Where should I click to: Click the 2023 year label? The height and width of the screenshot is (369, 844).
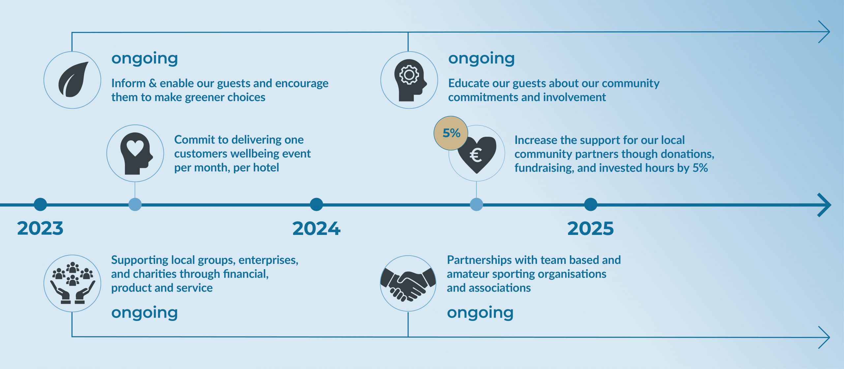pyautogui.click(x=40, y=228)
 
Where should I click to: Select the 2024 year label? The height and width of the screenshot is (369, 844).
pyautogui.click(x=316, y=228)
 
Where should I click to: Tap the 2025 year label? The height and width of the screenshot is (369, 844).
pyautogui.click(x=590, y=228)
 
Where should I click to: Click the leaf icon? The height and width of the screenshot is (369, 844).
pyautogui.click(x=73, y=79)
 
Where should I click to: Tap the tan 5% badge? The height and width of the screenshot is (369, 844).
pyautogui.click(x=451, y=133)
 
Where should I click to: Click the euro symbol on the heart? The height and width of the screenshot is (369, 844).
pyautogui.click(x=476, y=155)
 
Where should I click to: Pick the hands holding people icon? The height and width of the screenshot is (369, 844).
pyautogui.click(x=73, y=283)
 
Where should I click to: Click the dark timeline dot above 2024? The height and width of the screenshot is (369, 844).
pyautogui.click(x=316, y=205)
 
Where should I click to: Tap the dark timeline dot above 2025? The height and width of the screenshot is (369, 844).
pyautogui.click(x=590, y=205)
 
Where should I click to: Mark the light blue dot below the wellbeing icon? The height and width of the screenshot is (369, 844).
pyautogui.click(x=135, y=205)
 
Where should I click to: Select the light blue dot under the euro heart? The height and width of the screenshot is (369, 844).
pyautogui.click(x=476, y=205)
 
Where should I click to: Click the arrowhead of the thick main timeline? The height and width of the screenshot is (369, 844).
pyautogui.click(x=826, y=205)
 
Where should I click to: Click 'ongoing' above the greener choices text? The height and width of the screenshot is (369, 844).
pyautogui.click(x=145, y=59)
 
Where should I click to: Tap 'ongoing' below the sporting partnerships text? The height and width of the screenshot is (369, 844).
pyautogui.click(x=480, y=313)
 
